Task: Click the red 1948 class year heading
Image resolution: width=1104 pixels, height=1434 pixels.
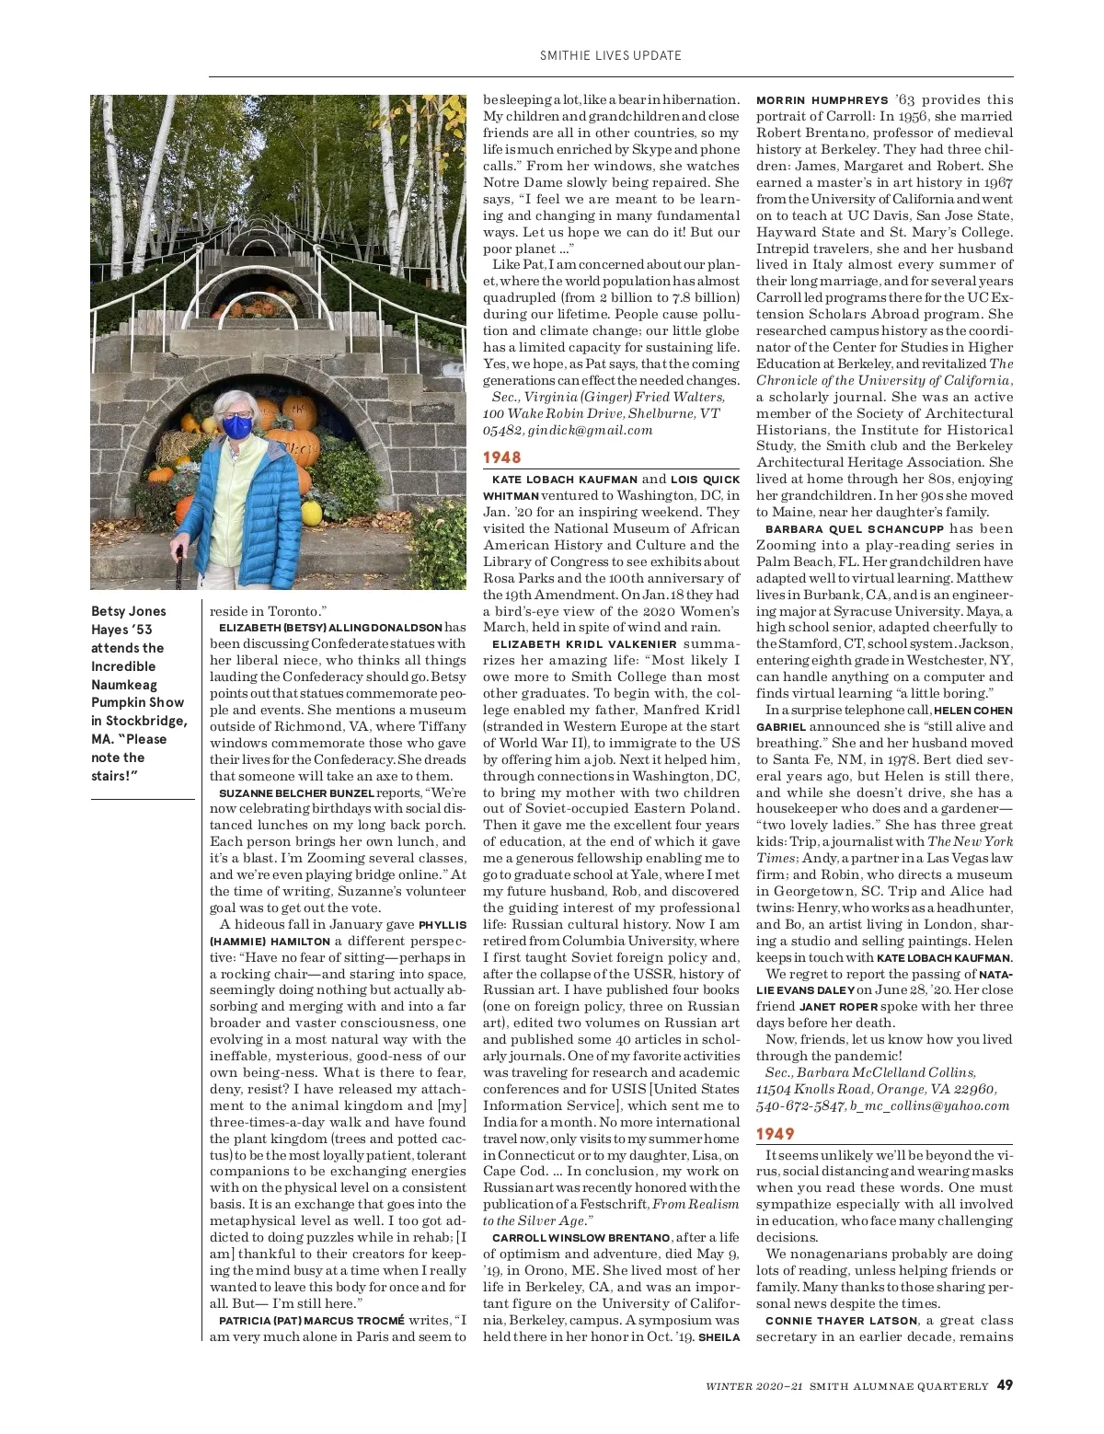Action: coord(502,457)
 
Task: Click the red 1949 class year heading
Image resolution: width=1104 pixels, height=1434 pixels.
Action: coord(776,1134)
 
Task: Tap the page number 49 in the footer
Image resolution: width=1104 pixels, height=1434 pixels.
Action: coord(1005,1384)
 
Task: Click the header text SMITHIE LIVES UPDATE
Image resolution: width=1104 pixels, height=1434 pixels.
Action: coord(611,55)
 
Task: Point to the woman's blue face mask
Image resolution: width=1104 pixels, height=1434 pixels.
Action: coord(238,426)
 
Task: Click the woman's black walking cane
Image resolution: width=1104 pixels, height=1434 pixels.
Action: coord(178,567)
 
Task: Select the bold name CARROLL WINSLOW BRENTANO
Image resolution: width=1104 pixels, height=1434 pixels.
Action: coord(581,1237)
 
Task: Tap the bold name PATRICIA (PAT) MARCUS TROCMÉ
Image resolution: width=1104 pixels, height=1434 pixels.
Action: coord(311,1320)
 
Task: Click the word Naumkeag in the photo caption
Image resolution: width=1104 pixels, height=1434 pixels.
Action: coord(123,684)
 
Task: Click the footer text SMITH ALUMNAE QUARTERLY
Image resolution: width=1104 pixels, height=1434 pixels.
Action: coord(899,1385)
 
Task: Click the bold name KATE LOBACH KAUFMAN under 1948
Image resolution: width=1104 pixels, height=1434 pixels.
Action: coord(565,480)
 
